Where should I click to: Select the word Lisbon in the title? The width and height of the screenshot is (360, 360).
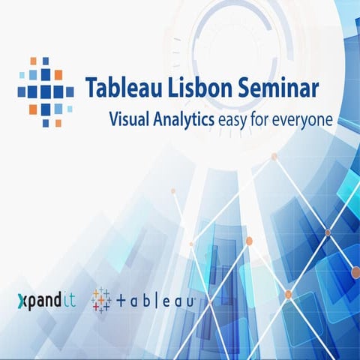click(x=193, y=87)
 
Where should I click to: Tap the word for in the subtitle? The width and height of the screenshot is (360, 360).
click(x=268, y=118)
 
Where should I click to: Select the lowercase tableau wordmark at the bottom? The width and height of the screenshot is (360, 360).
click(x=157, y=300)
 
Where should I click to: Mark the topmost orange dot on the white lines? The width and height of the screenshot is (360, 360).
click(x=274, y=156)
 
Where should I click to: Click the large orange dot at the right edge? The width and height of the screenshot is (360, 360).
click(x=355, y=272)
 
